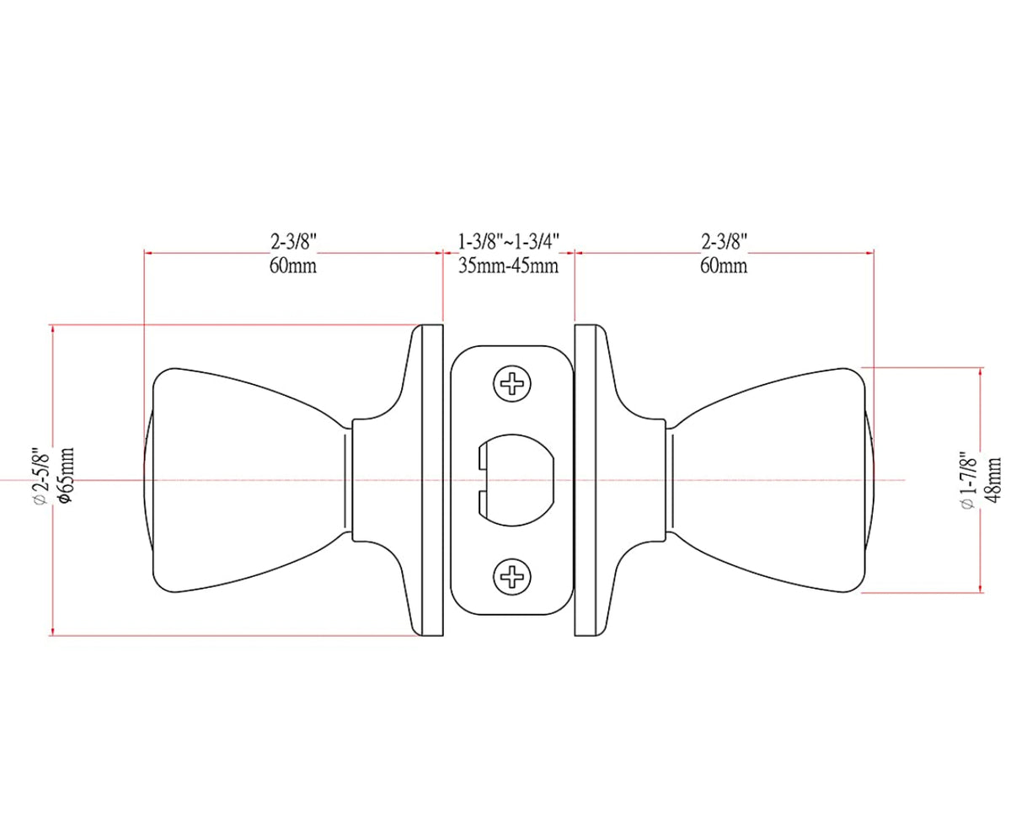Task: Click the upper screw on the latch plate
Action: pyautogui.click(x=511, y=384)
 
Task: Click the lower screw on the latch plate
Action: pyautogui.click(x=511, y=576)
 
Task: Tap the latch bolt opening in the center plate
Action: pyautogui.click(x=516, y=480)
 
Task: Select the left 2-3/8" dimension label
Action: pyautogui.click(x=293, y=242)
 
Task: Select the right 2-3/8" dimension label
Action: pyautogui.click(x=724, y=242)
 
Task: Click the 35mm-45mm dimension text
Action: pyautogui.click(x=508, y=266)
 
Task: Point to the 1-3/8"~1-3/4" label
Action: pyautogui.click(x=508, y=242)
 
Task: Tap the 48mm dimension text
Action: pyautogui.click(x=992, y=480)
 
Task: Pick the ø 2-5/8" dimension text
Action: pyautogui.click(x=41, y=477)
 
